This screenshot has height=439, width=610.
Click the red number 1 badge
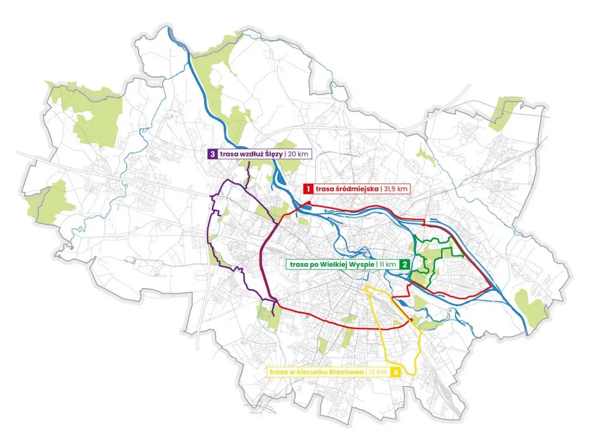pos(308,189)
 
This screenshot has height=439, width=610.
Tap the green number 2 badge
pos(404,264)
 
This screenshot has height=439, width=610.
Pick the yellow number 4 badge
pos(395,372)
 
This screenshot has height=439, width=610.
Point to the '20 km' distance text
pos(299,154)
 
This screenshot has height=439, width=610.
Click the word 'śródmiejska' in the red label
pos(357,189)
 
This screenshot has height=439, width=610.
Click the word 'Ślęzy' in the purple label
pos(272,154)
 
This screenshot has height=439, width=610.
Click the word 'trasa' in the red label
pos(324,189)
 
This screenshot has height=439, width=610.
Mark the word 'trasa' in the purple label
pos(228,154)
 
